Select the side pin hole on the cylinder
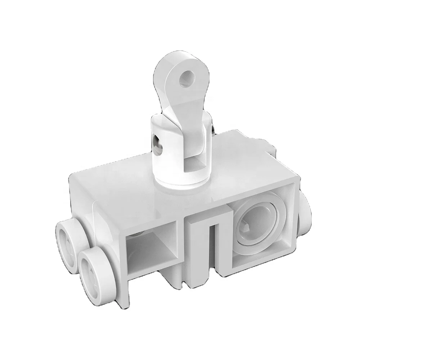click(x=157, y=141)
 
